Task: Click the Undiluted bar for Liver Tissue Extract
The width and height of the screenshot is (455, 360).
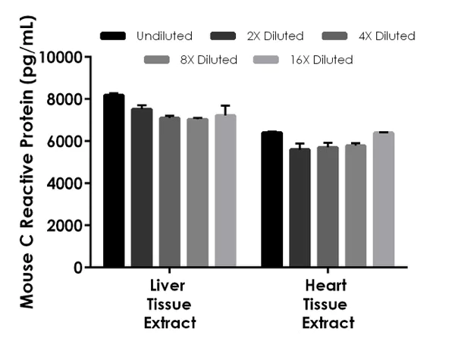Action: tap(114, 181)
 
